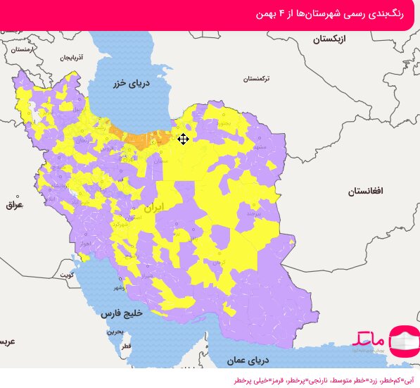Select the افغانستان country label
(x=365, y=191)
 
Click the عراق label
(x=14, y=205)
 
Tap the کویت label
(x=67, y=274)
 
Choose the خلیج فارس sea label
(x=120, y=312)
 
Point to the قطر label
(x=125, y=347)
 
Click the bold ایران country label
(x=153, y=208)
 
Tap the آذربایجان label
(x=70, y=57)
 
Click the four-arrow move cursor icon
(x=183, y=139)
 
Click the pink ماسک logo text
(x=369, y=338)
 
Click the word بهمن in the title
(x=261, y=15)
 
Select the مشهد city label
(x=259, y=147)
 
